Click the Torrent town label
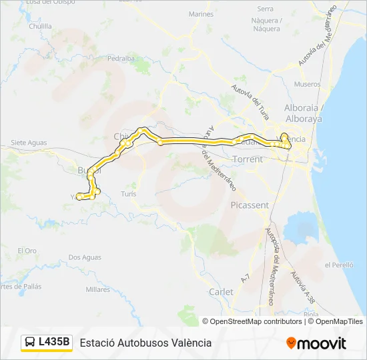pyautogui.click(x=248, y=160)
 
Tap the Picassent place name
pyautogui.click(x=249, y=206)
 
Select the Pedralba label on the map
pyautogui.click(x=121, y=59)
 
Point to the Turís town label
pyautogui.click(x=129, y=193)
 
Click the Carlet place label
pyautogui.click(x=221, y=292)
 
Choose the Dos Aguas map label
pyautogui.click(x=84, y=257)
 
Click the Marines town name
pyautogui.click(x=201, y=14)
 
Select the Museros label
pyautogui.click(x=307, y=85)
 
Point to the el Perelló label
pyautogui.click(x=338, y=265)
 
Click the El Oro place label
pyautogui.click(x=27, y=251)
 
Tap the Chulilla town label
pyautogui.click(x=40, y=27)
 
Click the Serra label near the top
pyautogui.click(x=266, y=9)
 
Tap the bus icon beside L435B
pyautogui.click(x=31, y=343)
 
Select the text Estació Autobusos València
pyautogui.click(x=145, y=343)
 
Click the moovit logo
pyautogui.click(x=316, y=343)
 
